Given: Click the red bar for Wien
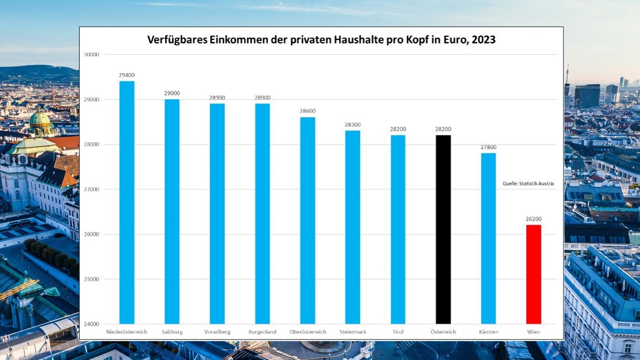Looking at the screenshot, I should coord(533,274).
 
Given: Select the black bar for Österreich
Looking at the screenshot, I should coord(443,229).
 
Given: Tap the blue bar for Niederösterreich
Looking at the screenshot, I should coord(127,202).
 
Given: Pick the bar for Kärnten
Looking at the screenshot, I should coord(488,238).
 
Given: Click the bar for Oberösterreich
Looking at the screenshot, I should coord(308,220).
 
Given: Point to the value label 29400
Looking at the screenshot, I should coord(127,75).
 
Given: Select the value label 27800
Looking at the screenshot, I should coord(488,147).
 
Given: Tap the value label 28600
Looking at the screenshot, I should coord(308,111).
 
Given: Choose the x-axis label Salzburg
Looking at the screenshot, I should coord(172,332).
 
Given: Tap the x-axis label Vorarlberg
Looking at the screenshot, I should coord(217,332).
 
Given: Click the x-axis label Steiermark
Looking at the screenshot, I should coord(352,332).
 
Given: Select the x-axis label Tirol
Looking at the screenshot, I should coord(398,332).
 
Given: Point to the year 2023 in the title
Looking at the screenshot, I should coord(483,40).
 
